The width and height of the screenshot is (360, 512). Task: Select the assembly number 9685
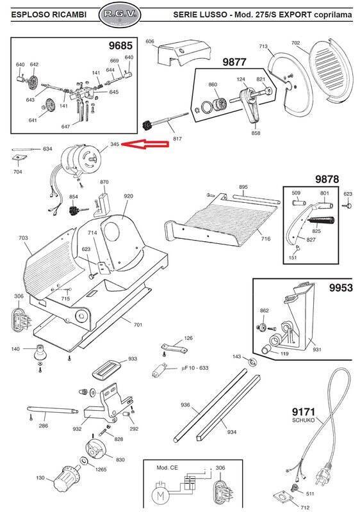pos(120,47)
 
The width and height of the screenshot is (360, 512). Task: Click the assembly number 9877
pos(234,62)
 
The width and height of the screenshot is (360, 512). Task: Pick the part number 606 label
pos(150,42)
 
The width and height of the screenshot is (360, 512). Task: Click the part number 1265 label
pos(101,470)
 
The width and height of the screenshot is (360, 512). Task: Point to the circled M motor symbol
pos(161,494)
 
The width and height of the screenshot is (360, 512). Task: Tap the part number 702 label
pos(295,44)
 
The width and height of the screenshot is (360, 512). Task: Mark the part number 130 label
pos(40,479)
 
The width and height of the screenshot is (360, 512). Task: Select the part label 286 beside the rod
pos(44,425)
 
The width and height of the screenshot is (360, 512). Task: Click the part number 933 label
pos(133,359)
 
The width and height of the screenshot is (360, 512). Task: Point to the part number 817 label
pos(177,138)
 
